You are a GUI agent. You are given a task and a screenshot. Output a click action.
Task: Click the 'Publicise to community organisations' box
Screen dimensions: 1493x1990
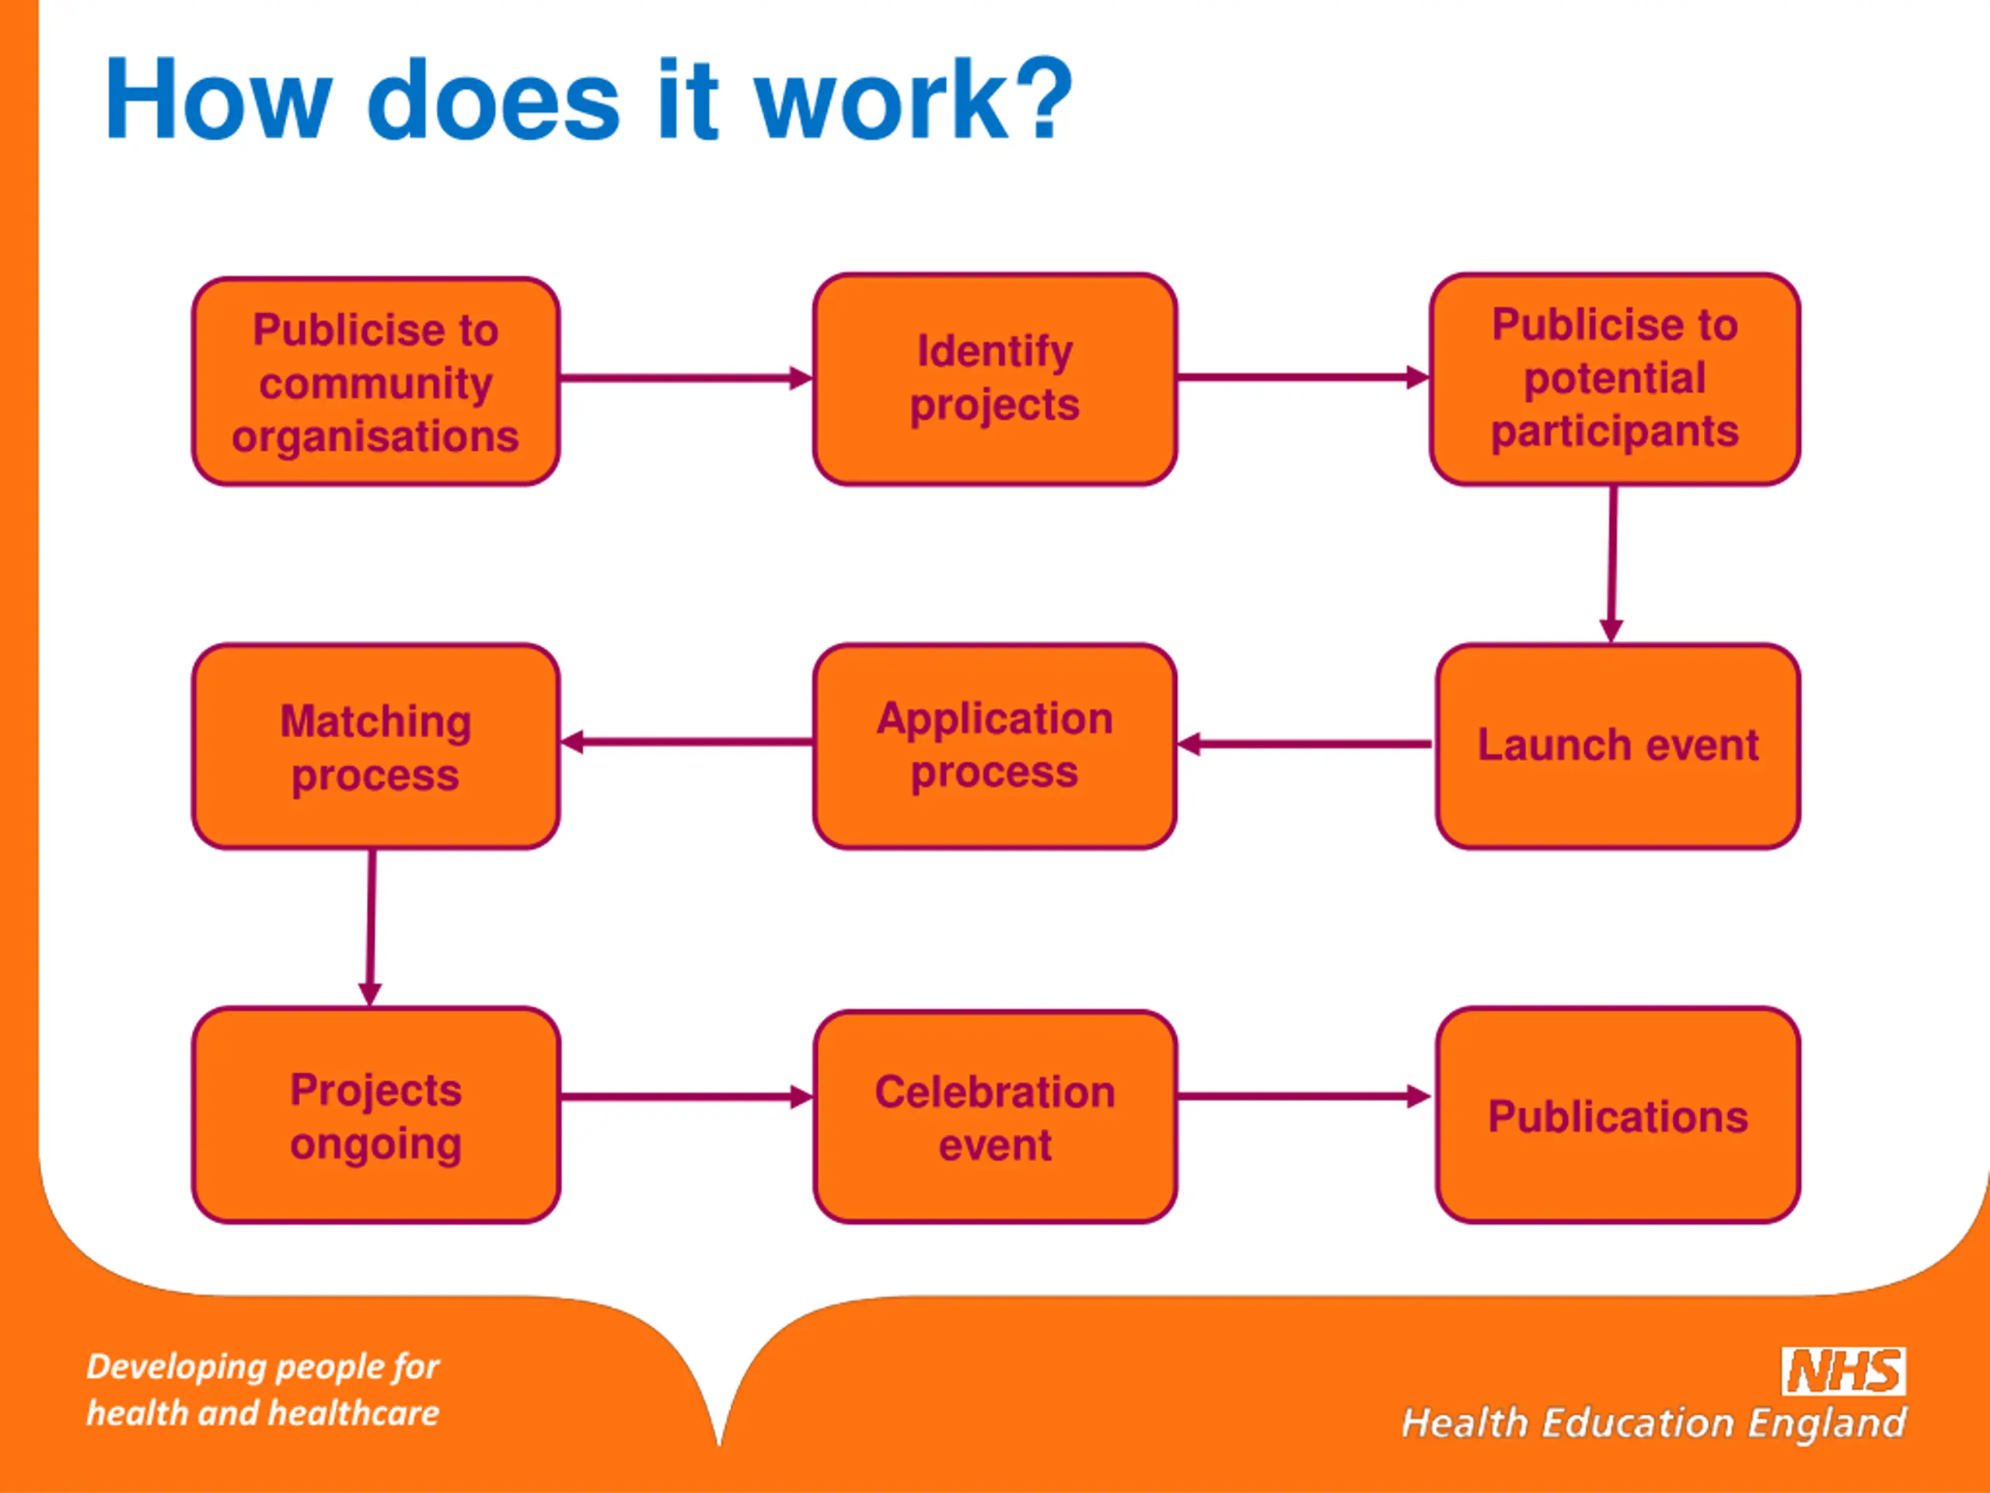tap(375, 382)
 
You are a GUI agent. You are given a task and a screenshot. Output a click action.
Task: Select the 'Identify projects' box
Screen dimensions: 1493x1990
tap(994, 379)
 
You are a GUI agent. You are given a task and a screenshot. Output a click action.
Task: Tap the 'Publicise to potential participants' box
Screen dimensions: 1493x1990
tap(1614, 379)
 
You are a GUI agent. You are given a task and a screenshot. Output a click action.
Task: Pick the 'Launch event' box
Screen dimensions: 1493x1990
tap(1618, 745)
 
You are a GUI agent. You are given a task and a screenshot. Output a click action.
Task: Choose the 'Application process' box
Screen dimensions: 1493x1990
tap(994, 745)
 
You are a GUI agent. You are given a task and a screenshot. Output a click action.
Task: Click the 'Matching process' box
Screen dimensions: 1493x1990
tap(375, 746)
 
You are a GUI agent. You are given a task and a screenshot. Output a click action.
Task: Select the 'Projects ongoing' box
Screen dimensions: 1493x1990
tap(375, 1115)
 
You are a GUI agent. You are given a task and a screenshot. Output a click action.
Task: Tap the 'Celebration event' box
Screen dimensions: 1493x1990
tap(994, 1116)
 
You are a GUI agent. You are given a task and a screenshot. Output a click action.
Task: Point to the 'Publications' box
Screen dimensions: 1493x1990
tap(1618, 1115)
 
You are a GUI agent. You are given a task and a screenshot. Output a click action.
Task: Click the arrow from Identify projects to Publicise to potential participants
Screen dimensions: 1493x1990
tap(1303, 377)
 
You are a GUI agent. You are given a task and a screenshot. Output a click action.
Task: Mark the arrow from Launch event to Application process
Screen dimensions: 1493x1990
tap(1304, 744)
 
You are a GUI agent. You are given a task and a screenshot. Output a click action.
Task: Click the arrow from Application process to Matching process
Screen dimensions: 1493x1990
tap(686, 743)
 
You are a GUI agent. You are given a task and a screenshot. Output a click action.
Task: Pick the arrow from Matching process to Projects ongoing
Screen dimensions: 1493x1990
tap(371, 927)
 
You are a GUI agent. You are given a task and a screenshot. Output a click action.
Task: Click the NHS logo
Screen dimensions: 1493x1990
tap(1843, 1372)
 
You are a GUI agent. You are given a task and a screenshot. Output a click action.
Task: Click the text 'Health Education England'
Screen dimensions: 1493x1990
tap(1653, 1424)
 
